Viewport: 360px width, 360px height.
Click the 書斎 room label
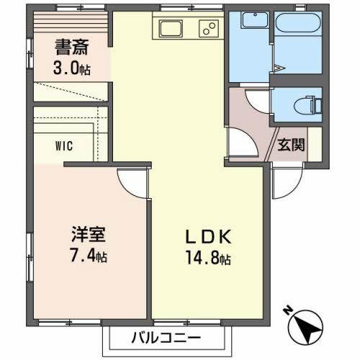pos(73,49)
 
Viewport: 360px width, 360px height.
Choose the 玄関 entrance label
pos(292,143)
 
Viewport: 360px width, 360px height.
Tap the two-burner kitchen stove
pos(210,30)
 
